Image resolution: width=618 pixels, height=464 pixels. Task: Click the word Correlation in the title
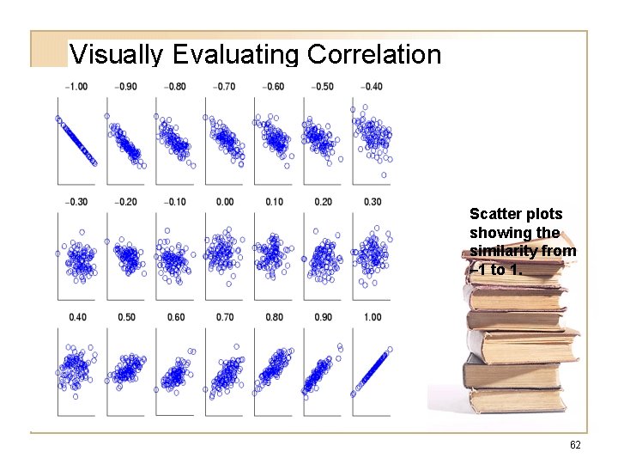tap(373, 55)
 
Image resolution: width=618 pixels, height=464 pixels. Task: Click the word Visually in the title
tap(118, 55)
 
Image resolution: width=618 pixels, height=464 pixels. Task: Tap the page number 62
tap(575, 445)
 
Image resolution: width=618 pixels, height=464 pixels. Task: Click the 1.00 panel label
tap(373, 317)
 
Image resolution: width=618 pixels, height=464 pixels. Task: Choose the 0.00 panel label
tap(225, 202)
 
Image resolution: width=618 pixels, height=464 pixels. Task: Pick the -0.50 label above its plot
tap(323, 87)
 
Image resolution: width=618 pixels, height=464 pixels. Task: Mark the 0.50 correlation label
tap(127, 317)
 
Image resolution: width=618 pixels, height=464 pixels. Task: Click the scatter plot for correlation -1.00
tap(76, 140)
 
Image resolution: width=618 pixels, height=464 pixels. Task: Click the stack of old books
tap(518, 344)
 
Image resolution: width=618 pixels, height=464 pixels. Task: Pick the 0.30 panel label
tap(373, 202)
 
